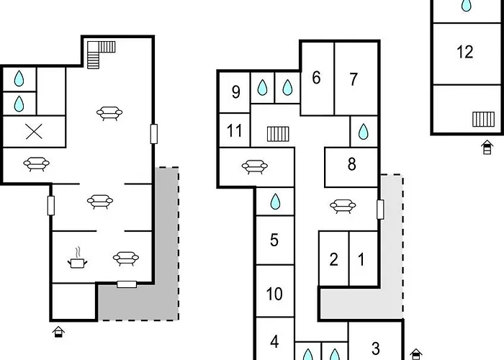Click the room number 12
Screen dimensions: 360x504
(x=464, y=52)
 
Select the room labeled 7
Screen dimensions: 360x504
(x=353, y=80)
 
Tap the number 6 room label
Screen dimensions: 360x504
(x=316, y=78)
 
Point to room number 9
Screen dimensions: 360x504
(x=235, y=91)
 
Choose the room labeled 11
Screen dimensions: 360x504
(x=234, y=131)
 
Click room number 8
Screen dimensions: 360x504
(x=351, y=165)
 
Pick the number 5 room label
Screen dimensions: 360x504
(x=274, y=240)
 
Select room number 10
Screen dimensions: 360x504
(x=274, y=294)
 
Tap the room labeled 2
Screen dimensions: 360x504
(x=333, y=260)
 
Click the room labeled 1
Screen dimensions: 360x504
(x=362, y=260)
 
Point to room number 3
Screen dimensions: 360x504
(x=376, y=349)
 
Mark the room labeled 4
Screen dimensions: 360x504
(x=274, y=341)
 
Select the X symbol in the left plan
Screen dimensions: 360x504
(x=32, y=131)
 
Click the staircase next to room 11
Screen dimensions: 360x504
(x=277, y=133)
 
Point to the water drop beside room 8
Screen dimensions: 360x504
(x=364, y=132)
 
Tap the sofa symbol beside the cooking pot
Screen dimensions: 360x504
(x=125, y=258)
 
